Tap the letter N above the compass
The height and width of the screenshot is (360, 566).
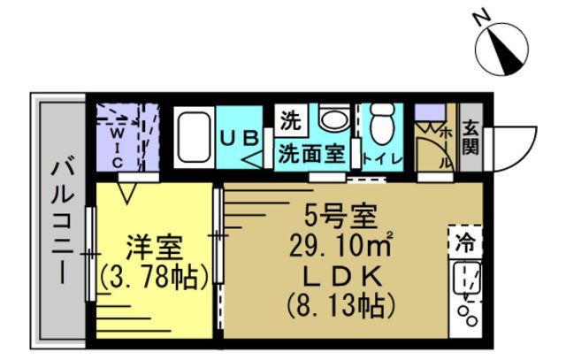pos(481,17)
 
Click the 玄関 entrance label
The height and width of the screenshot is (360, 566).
pos(470,138)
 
